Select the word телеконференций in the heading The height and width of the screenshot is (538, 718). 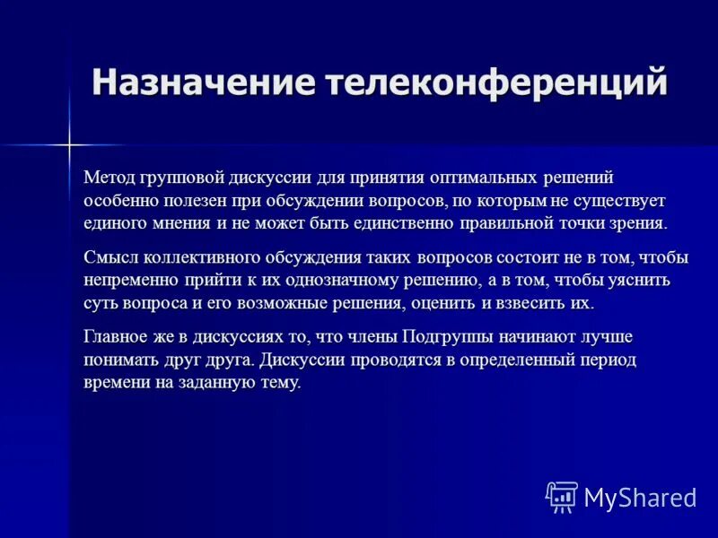[496, 82]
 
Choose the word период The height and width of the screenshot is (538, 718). [605, 360]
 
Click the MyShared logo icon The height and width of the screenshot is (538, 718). [561, 496]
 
